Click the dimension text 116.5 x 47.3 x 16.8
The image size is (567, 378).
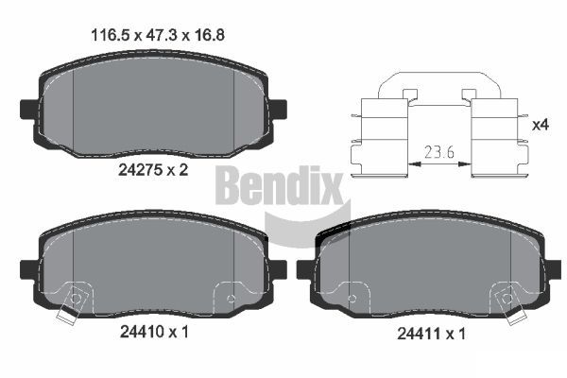pos(158,35)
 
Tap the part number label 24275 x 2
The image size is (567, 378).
pos(153,170)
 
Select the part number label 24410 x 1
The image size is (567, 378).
pos(154,332)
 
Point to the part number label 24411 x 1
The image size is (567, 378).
pos(431,334)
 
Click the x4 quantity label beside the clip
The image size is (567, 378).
pos(541,125)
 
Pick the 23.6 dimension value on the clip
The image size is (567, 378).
pos(439,152)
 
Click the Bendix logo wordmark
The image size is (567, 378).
pos(279,186)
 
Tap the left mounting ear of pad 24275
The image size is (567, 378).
pos(28,109)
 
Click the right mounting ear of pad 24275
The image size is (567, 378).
pos(278,109)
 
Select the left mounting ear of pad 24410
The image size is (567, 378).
pos(28,270)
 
